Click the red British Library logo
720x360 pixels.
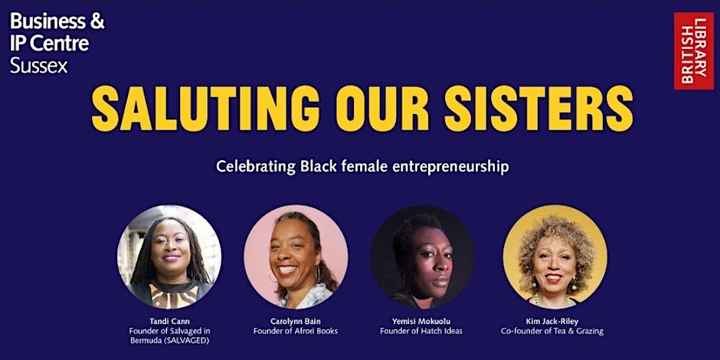pos(693,51)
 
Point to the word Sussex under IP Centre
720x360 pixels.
pos(39,66)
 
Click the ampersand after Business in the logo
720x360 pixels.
pos(97,21)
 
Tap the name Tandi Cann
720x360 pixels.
pos(169,320)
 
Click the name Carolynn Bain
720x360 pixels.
pos(296,320)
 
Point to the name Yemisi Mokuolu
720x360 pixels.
pos(421,320)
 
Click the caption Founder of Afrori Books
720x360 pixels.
pos(296,331)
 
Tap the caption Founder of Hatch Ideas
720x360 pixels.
pos(421,331)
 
